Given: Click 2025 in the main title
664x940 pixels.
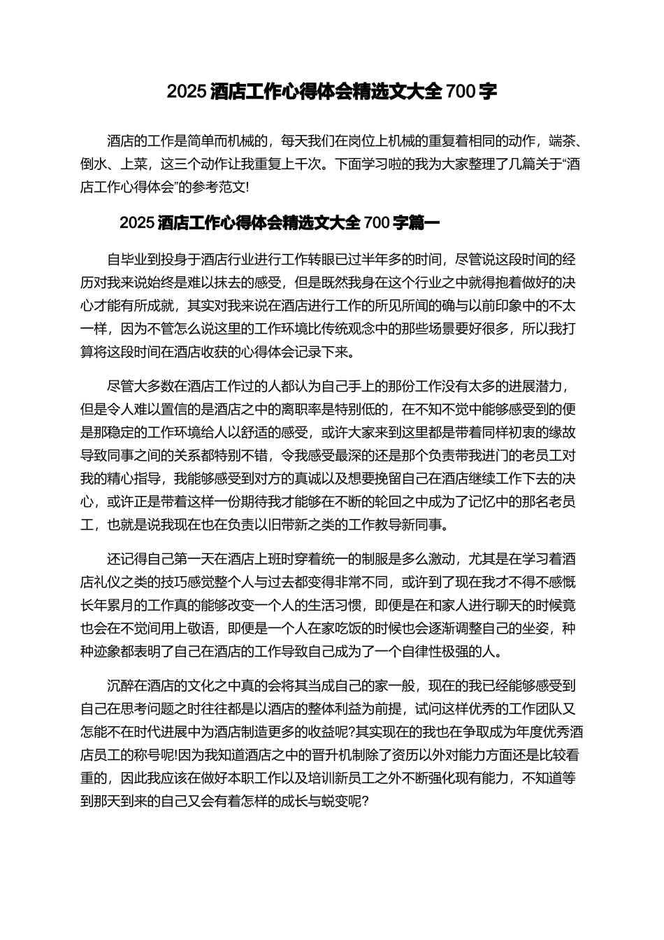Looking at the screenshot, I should pyautogui.click(x=187, y=92).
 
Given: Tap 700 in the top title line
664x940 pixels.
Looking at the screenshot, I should pyautogui.click(x=461, y=92).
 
